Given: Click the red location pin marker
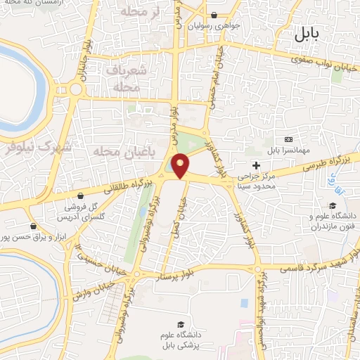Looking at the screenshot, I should (181, 166).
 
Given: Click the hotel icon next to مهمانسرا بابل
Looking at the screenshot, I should (288, 140).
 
